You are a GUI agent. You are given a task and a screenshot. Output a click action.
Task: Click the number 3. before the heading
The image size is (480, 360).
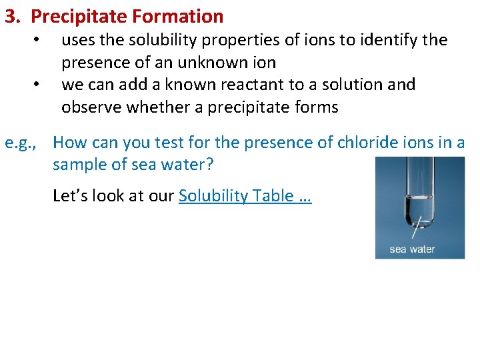pyautogui.click(x=14, y=16)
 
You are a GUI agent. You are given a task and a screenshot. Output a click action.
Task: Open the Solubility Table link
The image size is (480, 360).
pyautogui.click(x=245, y=195)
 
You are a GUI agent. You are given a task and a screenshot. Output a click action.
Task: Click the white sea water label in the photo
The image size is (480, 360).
pyautogui.click(x=411, y=249)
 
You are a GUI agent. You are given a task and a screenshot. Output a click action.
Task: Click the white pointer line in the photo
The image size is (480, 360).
pyautogui.click(x=416, y=231)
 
